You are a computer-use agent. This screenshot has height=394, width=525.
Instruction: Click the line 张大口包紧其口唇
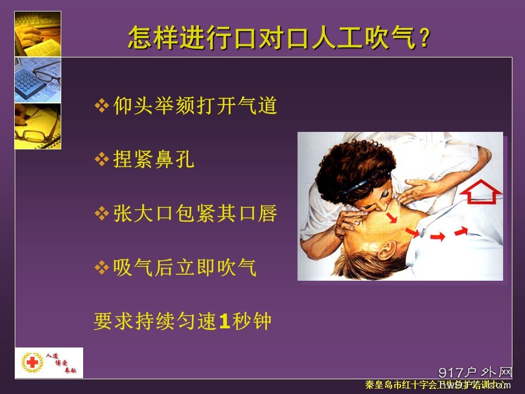195,213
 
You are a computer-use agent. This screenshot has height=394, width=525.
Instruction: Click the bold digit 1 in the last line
223,321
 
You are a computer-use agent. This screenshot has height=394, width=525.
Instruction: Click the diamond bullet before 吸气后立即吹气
102,268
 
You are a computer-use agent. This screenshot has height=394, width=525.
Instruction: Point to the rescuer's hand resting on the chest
421,189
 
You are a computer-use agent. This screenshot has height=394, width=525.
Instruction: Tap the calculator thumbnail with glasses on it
37,80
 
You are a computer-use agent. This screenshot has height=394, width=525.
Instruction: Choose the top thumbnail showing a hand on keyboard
37,33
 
